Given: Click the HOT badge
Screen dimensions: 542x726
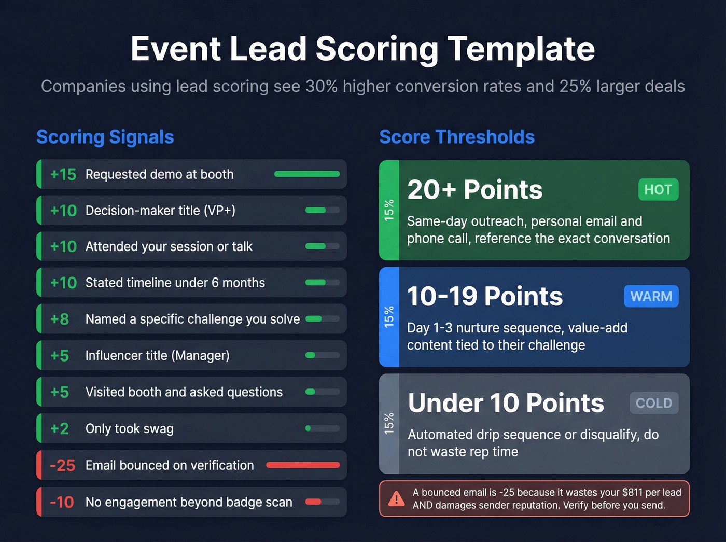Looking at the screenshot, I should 658,190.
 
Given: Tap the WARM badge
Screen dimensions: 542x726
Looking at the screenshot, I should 651,296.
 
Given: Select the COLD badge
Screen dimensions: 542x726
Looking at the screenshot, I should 653,403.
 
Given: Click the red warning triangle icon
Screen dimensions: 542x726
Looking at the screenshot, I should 397,499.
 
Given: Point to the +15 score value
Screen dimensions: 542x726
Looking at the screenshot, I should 63,174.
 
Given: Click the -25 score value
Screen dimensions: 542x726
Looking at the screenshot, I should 62,465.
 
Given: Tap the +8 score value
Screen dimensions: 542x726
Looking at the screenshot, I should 60,319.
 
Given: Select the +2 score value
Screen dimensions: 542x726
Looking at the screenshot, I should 60,428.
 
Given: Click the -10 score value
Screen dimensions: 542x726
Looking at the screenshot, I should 62,502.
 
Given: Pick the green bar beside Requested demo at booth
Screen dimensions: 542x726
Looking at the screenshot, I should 307,174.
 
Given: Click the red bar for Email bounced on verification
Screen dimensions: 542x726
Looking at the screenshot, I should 303,465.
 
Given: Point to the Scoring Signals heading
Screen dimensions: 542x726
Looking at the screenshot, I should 105,137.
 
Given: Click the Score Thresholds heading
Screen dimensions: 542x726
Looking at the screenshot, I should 457,137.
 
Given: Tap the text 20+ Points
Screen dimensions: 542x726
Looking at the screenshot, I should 474,190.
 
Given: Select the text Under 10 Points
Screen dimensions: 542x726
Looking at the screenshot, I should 506,403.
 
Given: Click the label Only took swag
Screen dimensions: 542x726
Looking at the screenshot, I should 130,429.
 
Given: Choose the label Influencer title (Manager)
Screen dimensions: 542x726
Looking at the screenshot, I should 157,356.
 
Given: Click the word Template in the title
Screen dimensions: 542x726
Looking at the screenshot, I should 521,49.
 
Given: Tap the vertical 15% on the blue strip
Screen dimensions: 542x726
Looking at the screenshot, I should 389,316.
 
